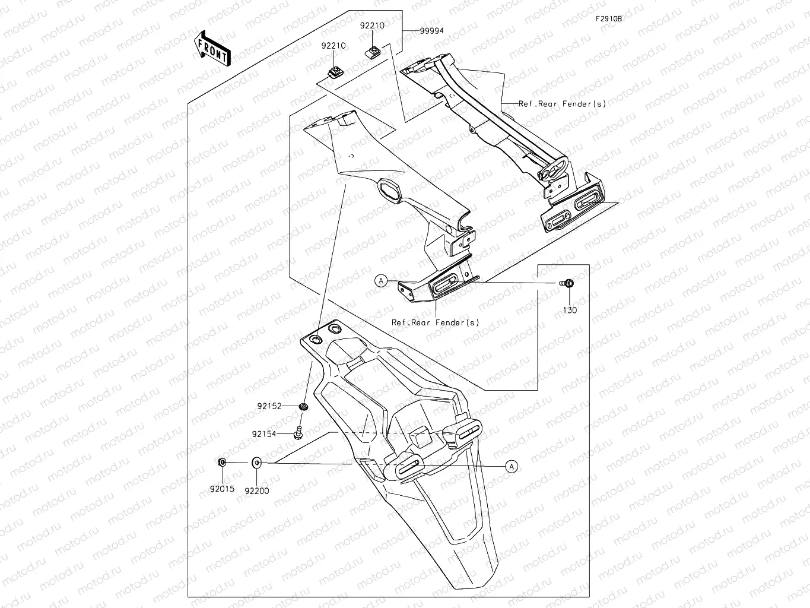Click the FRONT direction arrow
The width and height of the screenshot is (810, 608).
212,48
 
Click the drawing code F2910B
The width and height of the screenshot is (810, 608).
609,19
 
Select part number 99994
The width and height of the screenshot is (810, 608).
431,31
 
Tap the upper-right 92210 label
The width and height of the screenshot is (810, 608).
372,26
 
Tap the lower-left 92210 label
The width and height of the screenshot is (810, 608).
334,46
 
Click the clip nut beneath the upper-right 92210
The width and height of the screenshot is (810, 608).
373,49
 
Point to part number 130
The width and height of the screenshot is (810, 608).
569,310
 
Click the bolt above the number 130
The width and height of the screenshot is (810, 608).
567,283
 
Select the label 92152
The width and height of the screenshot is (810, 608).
269,406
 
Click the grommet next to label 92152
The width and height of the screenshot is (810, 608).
303,406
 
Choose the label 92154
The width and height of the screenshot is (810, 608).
264,434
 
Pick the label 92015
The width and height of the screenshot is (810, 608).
222,489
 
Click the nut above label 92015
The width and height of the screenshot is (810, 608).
221,463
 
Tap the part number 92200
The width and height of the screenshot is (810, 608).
257,491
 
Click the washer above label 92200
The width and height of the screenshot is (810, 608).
257,463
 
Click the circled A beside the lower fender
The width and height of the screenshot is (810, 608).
512,467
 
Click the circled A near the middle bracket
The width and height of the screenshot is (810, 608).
381,281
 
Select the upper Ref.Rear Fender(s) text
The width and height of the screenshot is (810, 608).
562,104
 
